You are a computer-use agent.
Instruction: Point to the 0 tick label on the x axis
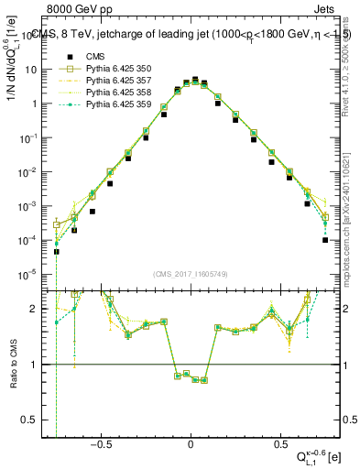click(191, 444)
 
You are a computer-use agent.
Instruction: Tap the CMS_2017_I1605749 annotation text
click(191, 275)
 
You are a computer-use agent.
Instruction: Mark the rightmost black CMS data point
click(325, 240)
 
